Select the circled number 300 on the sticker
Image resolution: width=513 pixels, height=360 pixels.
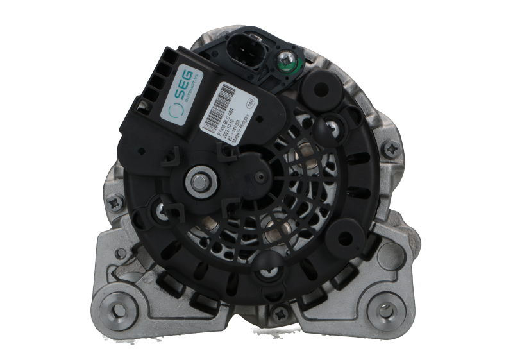pos(251,100)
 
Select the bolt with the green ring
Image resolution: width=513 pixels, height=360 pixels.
pos(284,62)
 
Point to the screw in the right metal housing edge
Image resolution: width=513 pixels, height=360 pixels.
pos(393,149)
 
